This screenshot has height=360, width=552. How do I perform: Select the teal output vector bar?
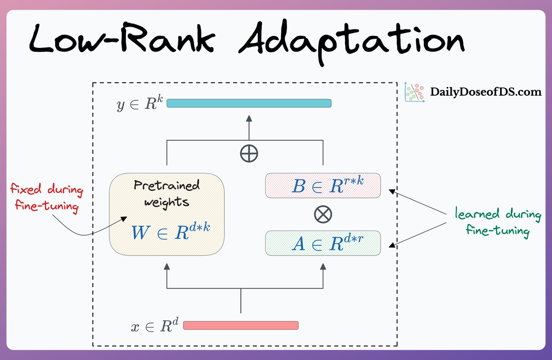pyautogui.click(x=249, y=103)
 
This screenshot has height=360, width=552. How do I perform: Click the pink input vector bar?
pyautogui.click(x=241, y=325)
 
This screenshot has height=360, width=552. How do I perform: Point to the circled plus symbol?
pyautogui.click(x=249, y=153)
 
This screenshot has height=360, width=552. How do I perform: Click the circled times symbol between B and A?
pyautogui.click(x=323, y=214)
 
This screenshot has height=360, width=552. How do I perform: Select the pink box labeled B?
pyautogui.click(x=323, y=186)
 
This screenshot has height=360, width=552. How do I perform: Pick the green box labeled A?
pyautogui.click(x=323, y=243)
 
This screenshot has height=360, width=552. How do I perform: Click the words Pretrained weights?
pyautogui.click(x=167, y=193)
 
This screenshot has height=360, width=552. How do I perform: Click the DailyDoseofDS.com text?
pyautogui.click(x=486, y=92)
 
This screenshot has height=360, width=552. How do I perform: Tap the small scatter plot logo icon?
pyautogui.click(x=414, y=92)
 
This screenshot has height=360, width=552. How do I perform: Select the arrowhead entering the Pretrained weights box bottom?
pyautogui.click(x=167, y=267)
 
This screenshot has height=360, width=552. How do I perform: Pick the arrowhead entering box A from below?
pyautogui.click(x=323, y=267)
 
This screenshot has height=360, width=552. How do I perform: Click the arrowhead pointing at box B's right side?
pyautogui.click(x=392, y=189)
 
